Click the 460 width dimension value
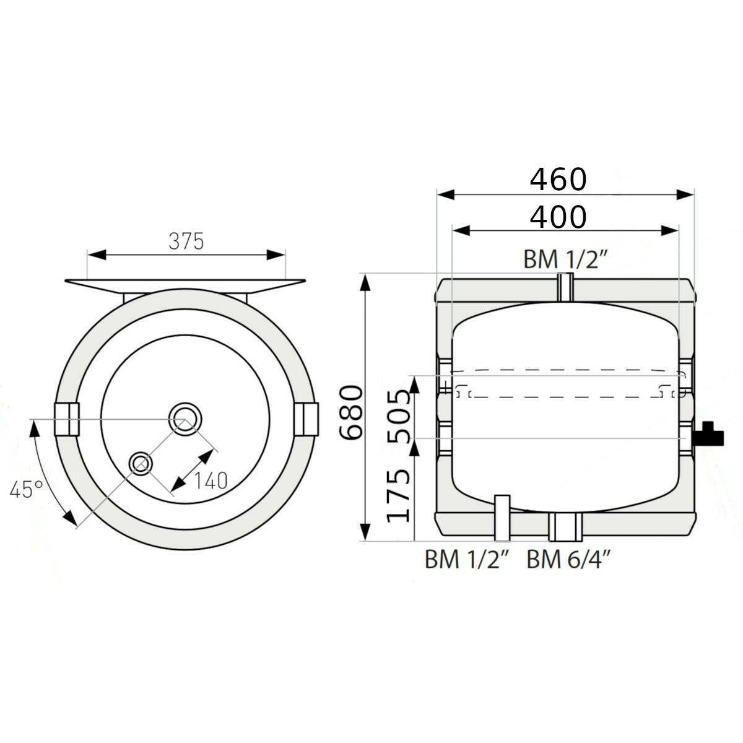pyautogui.click(x=558, y=180)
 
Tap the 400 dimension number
pyautogui.click(x=558, y=217)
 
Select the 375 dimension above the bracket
pyautogui.click(x=186, y=241)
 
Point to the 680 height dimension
pyautogui.click(x=351, y=413)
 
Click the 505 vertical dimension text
pyautogui.click(x=398, y=417)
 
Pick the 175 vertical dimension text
pyautogui.click(x=398, y=496)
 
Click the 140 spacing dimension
pyautogui.click(x=211, y=481)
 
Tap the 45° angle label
pyautogui.click(x=27, y=490)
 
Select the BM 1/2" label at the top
pyautogui.click(x=566, y=259)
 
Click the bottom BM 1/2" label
pyautogui.click(x=467, y=560)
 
